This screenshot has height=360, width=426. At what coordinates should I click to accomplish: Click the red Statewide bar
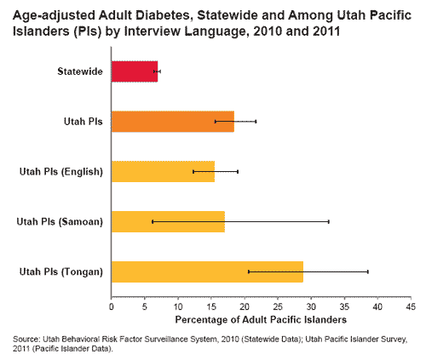click(x=134, y=71)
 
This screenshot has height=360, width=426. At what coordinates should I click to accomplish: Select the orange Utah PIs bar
click(x=172, y=122)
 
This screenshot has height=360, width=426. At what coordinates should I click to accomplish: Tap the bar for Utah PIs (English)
click(x=163, y=171)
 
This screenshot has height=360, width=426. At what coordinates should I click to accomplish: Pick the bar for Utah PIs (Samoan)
click(x=168, y=221)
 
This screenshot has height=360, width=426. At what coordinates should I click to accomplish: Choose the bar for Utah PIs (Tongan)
click(x=207, y=271)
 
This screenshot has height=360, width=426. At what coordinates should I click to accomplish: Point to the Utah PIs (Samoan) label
click(x=60, y=222)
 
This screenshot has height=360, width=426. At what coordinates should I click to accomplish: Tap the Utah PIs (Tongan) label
click(x=60, y=271)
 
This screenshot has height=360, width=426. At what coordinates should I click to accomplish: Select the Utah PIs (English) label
click(x=60, y=172)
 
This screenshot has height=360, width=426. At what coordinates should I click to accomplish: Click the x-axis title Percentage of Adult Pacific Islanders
click(x=260, y=319)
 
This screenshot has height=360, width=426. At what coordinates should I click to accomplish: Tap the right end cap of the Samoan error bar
click(x=329, y=221)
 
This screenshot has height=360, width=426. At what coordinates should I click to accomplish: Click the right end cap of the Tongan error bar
click(x=368, y=271)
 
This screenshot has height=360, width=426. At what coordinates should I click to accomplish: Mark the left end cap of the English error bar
click(x=193, y=171)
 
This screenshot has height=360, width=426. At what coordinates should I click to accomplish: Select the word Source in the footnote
click(x=26, y=339)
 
